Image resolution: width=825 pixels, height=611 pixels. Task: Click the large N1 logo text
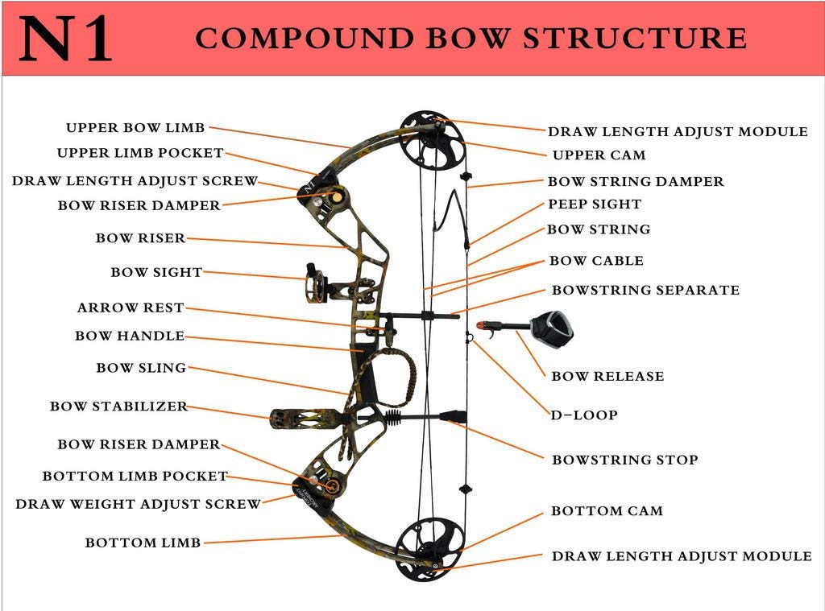tap(66, 39)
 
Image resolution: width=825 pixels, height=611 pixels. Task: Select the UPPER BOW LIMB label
tap(135, 128)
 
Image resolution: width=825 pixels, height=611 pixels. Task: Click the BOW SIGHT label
tap(156, 273)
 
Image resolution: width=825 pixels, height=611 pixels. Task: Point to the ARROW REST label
tap(131, 308)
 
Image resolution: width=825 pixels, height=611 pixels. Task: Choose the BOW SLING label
tap(141, 368)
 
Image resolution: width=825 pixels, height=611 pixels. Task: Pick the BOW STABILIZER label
tap(118, 407)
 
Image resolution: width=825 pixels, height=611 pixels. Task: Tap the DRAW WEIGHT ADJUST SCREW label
tap(138, 505)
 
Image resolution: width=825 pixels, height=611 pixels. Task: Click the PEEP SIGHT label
tap(595, 204)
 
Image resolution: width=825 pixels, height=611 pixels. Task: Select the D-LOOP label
tap(584, 415)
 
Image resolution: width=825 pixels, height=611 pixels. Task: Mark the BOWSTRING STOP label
tap(624, 460)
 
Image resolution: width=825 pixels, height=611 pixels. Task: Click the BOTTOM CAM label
tap(607, 511)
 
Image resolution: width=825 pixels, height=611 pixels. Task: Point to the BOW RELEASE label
tap(607, 376)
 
